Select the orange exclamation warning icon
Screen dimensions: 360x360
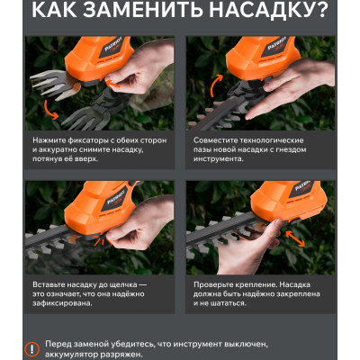click(31, 348)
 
